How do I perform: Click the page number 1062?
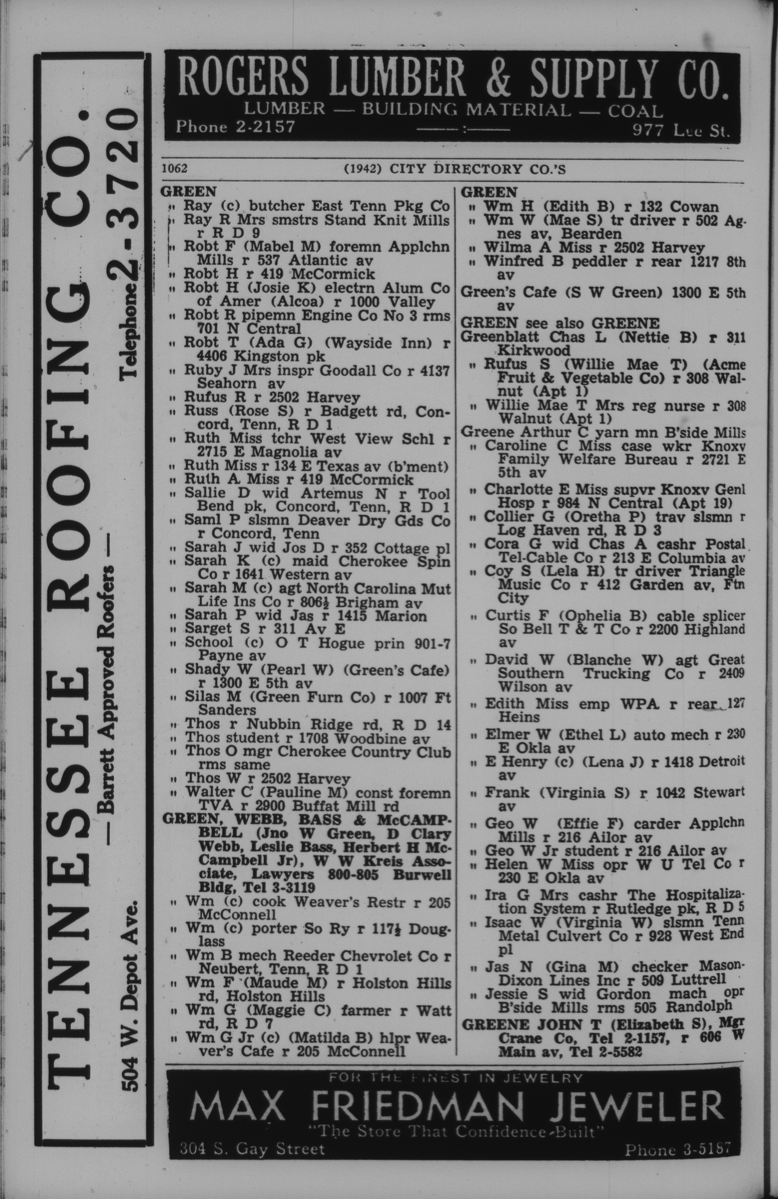(174, 168)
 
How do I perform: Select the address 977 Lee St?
(681, 132)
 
